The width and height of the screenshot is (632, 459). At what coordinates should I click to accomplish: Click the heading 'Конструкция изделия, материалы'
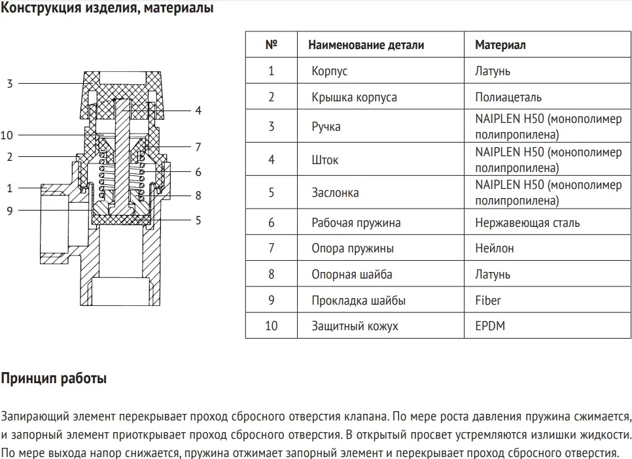click(x=107, y=9)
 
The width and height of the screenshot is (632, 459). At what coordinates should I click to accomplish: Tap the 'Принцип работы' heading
click(x=54, y=379)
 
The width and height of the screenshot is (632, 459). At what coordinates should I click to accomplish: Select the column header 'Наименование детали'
click(x=366, y=45)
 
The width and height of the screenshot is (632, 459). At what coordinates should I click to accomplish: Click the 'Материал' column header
click(x=500, y=45)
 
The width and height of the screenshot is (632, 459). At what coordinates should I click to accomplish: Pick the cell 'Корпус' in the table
click(x=330, y=71)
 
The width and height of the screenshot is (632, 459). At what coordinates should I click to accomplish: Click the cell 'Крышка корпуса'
click(x=354, y=97)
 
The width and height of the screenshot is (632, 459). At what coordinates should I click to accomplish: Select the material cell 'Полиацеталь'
click(x=508, y=97)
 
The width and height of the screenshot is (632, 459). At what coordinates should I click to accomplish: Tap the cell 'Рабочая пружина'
click(x=356, y=223)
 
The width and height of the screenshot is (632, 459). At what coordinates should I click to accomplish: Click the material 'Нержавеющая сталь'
click(x=527, y=223)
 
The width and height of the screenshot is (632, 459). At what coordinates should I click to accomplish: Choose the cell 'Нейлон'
click(x=494, y=248)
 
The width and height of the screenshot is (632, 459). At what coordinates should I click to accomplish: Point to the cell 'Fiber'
click(x=488, y=301)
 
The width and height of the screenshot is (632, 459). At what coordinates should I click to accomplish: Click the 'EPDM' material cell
click(x=490, y=326)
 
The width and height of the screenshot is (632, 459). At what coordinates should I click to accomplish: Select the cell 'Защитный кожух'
click(x=355, y=326)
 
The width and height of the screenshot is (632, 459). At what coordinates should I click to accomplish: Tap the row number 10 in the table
click(x=272, y=326)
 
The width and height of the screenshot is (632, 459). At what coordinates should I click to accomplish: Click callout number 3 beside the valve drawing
click(x=10, y=84)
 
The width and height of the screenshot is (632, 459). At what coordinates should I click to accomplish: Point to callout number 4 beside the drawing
click(x=198, y=110)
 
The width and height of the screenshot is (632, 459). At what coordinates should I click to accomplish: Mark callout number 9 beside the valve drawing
click(x=10, y=210)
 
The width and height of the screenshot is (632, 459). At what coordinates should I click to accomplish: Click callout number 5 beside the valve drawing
click(x=198, y=220)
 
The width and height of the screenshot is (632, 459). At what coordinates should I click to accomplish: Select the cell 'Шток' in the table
click(x=325, y=160)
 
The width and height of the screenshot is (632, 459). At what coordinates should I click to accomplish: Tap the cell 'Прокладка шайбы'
click(x=359, y=301)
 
